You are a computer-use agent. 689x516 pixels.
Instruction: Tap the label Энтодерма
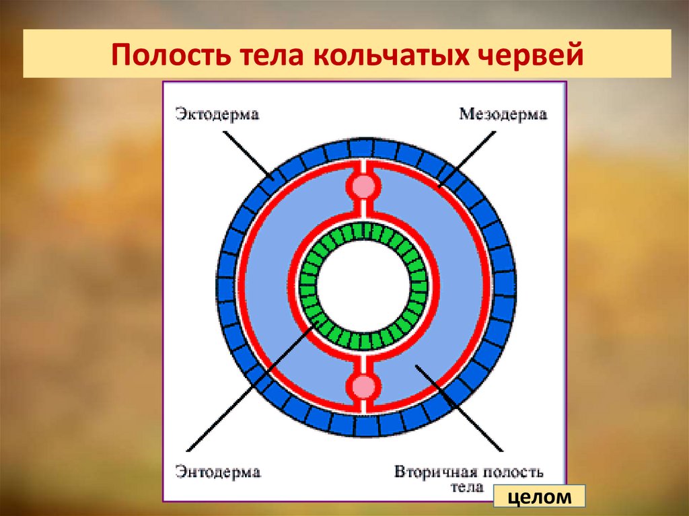tap(217, 472)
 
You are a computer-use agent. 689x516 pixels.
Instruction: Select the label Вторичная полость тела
tap(470, 476)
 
